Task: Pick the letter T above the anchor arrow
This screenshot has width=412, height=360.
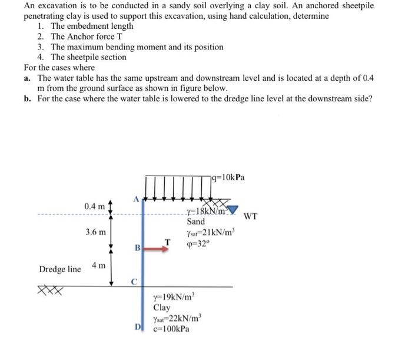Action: click(x=167, y=241)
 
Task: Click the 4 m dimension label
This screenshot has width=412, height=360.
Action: click(x=98, y=266)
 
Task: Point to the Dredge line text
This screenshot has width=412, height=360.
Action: click(x=60, y=269)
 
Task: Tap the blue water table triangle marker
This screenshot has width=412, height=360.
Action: click(x=233, y=210)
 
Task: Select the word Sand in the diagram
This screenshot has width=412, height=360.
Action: click(x=195, y=222)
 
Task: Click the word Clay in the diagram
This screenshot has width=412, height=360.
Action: click(x=161, y=308)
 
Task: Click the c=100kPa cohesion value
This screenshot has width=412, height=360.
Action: click(x=171, y=329)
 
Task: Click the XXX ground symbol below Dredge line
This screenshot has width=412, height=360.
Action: click(x=48, y=290)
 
